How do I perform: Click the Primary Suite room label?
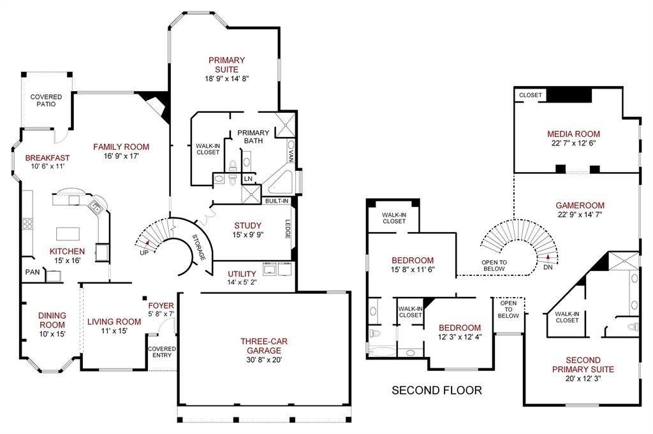226,65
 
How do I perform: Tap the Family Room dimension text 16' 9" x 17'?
121,156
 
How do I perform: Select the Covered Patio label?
46,100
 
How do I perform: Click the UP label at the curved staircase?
144,252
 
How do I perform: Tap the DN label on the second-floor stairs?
548,267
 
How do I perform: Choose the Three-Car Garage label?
264,346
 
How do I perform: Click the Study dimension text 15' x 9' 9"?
248,235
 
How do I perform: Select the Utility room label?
242,274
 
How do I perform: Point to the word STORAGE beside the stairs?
199,247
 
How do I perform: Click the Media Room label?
573,134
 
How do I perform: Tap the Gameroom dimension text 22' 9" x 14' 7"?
580,215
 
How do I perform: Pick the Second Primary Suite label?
583,365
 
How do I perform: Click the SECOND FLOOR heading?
437,390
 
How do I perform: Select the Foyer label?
161,305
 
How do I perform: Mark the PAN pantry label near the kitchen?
33,272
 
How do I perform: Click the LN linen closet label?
248,179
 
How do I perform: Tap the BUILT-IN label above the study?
277,201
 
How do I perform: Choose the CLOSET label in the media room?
531,95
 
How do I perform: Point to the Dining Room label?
52,320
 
